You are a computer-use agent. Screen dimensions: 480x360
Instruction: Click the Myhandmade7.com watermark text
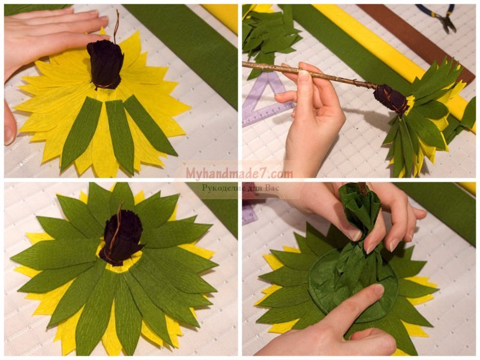click(239, 173)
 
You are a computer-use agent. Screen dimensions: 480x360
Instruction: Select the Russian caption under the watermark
click(241, 188)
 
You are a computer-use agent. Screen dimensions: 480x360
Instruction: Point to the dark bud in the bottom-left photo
click(122, 239)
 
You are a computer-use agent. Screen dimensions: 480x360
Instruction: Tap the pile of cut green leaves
click(269, 37)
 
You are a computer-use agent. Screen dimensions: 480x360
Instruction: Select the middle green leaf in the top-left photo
click(116, 134)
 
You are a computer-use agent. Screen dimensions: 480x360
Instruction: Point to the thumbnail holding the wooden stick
click(304, 72)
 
